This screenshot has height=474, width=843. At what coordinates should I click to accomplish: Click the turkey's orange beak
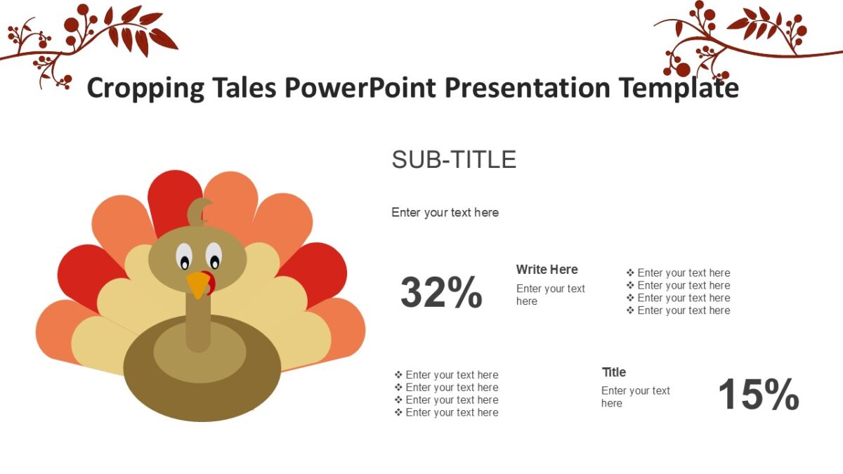[198, 284]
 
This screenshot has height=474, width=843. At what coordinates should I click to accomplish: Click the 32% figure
[441, 293]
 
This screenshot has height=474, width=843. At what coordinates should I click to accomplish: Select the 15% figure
[758, 395]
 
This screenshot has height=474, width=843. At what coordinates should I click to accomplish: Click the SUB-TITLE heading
[454, 160]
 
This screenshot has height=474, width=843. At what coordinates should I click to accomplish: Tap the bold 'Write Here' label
[547, 270]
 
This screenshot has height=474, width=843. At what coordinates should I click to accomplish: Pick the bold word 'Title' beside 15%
[614, 372]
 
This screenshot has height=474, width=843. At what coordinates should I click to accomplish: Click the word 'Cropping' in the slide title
[145, 88]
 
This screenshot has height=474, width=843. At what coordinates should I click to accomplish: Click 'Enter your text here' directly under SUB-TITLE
[445, 212]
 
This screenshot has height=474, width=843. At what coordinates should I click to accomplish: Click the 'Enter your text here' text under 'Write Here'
[550, 295]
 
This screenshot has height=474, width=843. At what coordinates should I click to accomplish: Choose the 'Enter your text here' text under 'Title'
[635, 397]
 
